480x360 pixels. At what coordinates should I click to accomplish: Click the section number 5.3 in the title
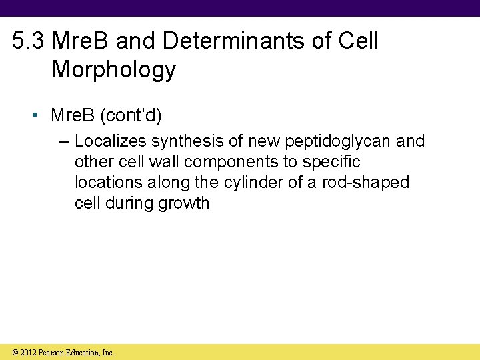(x=29, y=41)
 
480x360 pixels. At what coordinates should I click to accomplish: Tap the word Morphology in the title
(x=114, y=69)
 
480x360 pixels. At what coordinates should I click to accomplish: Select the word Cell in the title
(x=358, y=41)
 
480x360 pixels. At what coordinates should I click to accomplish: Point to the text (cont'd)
(x=131, y=115)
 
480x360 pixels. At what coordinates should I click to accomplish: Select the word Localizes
(x=111, y=141)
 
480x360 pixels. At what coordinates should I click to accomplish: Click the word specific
(x=331, y=162)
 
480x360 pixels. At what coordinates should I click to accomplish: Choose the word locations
(x=105, y=183)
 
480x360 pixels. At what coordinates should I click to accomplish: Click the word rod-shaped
(x=365, y=183)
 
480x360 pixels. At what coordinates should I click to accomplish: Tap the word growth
(x=183, y=203)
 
